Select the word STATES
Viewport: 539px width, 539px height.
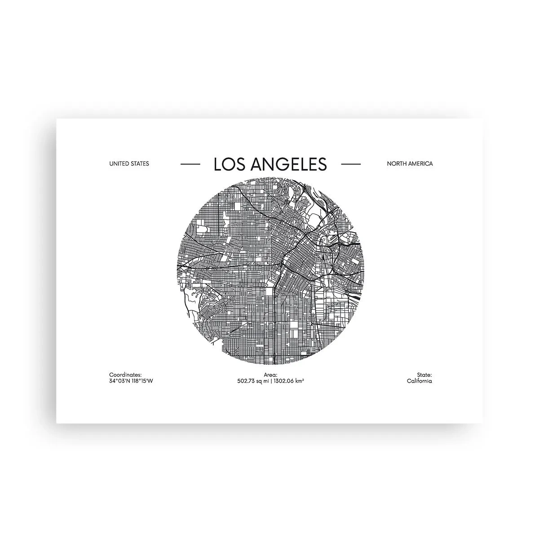(139, 164)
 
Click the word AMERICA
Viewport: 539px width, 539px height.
(421, 164)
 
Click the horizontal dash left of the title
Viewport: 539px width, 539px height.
(190, 164)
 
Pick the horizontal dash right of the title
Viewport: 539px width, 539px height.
(351, 164)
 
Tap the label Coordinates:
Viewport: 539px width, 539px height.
(125, 375)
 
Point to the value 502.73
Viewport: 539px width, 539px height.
(246, 381)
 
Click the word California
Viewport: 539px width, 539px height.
(420, 381)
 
